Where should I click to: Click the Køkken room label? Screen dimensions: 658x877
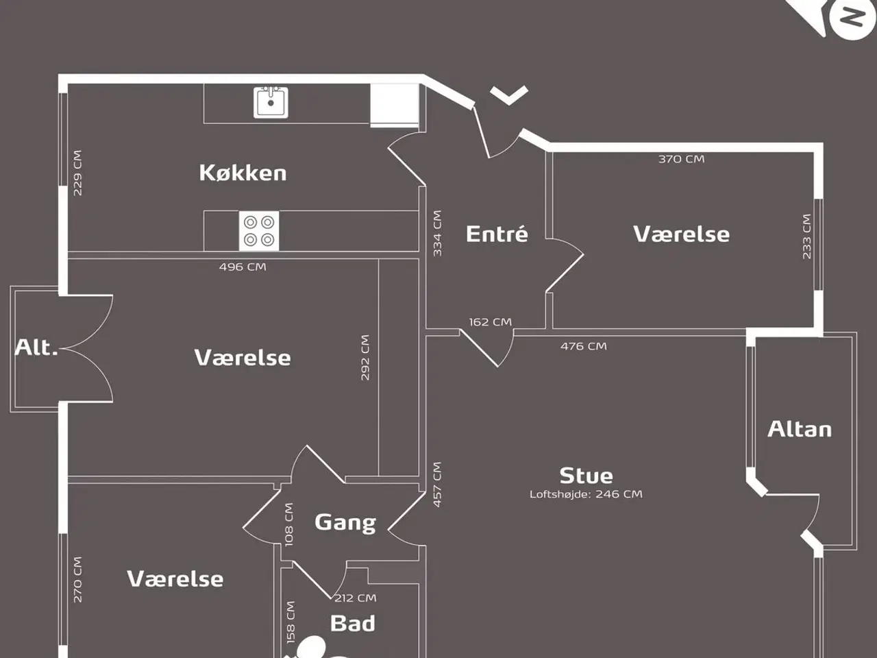[243, 173]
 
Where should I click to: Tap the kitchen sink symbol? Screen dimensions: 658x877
[271, 103]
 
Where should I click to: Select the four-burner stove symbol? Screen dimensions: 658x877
[258, 231]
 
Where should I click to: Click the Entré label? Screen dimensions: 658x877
[497, 234]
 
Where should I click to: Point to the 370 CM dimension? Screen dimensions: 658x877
[681, 159]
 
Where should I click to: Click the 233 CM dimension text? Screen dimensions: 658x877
[806, 236]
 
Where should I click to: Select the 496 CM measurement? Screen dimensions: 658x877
[243, 267]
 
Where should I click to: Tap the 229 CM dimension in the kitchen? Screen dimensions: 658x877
[77, 173]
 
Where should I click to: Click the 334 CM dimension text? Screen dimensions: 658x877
[437, 233]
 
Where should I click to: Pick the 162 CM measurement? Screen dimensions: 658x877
[490, 322]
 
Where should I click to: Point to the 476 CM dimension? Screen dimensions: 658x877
[583, 347]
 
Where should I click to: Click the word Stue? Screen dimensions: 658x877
[586, 476]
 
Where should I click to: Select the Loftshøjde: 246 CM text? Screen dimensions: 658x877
[586, 494]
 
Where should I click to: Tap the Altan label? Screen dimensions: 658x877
[800, 429]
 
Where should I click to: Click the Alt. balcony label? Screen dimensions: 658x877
[36, 348]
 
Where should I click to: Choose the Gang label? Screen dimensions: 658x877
[345, 523]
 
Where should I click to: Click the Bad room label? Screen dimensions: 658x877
[352, 624]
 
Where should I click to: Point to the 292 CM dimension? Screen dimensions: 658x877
[365, 357]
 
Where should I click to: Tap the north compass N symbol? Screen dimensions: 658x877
[852, 17]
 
